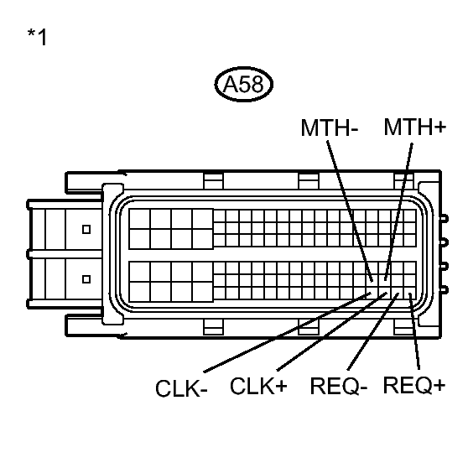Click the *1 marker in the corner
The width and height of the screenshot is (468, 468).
point(38,37)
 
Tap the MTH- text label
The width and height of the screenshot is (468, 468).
point(329,128)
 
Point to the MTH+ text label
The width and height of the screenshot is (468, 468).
point(414,127)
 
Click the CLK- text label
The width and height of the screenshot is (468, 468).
point(181,390)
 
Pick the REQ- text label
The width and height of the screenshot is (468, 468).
point(339,387)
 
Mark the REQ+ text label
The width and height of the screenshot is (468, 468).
point(413,386)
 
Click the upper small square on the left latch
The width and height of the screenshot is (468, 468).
point(85,228)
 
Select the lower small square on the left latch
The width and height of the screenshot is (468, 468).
point(85,278)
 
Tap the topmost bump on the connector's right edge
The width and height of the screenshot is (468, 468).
point(445,220)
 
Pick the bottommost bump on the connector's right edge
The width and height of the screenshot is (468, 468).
point(445,289)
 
